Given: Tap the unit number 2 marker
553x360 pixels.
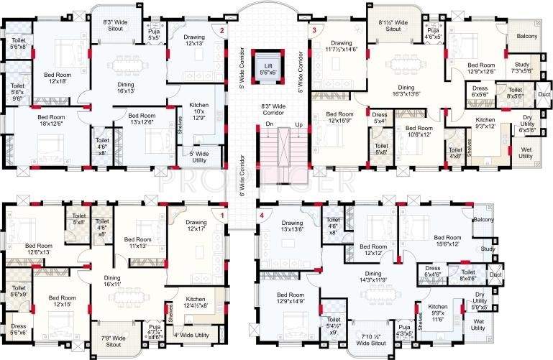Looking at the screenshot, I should [x=222, y=31].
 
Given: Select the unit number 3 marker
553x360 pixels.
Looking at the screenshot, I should [x=314, y=30].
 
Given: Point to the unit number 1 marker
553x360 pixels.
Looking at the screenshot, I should [x=223, y=215].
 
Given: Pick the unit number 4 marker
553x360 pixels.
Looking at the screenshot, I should [x=262, y=215].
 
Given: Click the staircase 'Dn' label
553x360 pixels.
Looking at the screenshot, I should [x=250, y=124].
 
